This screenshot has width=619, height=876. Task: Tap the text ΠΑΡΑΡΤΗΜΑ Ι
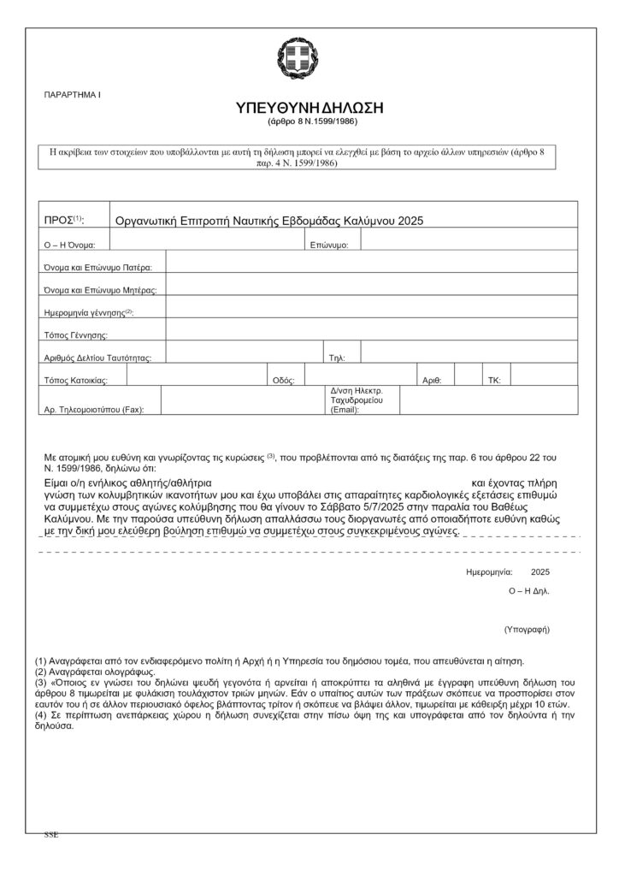coord(71,92)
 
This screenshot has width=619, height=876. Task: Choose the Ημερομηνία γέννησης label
coord(88,312)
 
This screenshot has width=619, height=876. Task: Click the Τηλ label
coord(337,358)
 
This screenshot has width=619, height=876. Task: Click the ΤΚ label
coord(494,380)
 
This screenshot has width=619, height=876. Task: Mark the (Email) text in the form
coord(345,411)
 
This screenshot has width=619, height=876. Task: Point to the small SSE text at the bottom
coord(51,833)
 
